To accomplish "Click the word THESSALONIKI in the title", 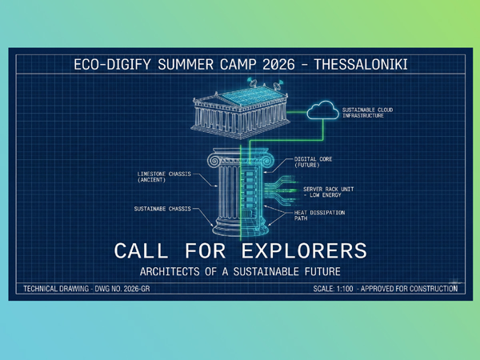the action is (361, 65).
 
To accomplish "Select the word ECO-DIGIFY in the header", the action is (113, 65).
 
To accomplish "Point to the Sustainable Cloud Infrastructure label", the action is (367, 113).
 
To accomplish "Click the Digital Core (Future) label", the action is (313, 162).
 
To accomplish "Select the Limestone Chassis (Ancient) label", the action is (164, 177).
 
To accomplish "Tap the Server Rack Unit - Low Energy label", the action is (328, 192).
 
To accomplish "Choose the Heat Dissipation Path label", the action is (319, 215).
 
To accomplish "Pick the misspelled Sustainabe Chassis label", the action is (162, 209).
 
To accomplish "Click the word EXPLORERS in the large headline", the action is (304, 250).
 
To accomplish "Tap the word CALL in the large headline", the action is (141, 250).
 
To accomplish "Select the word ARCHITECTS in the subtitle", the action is (170, 271).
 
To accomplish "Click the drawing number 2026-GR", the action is (137, 289).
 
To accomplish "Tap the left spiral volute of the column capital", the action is (214, 161).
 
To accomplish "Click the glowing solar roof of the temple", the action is (251, 95).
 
